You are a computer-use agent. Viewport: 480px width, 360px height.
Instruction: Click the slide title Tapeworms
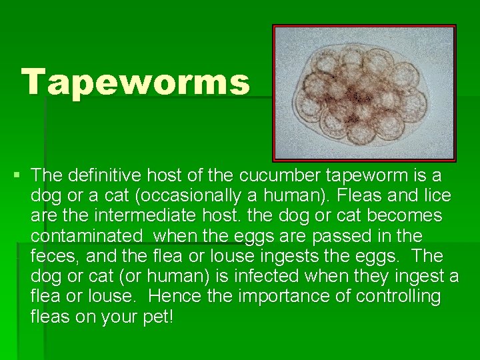pyautogui.click(x=136, y=82)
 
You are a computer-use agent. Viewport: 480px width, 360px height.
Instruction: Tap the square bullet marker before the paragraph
pyautogui.click(x=16, y=176)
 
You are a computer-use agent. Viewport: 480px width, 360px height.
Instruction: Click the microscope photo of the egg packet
pyautogui.click(x=364, y=93)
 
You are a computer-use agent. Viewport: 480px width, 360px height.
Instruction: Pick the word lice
pyautogui.click(x=436, y=195)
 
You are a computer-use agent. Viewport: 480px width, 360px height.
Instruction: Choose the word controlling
pyautogui.click(x=399, y=296)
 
